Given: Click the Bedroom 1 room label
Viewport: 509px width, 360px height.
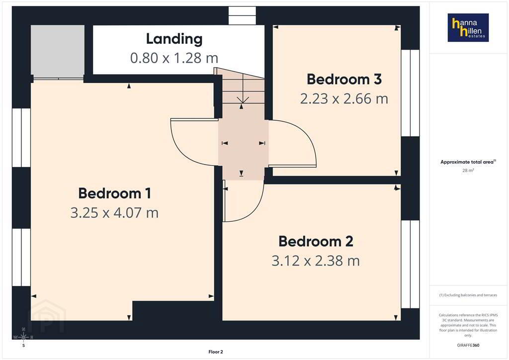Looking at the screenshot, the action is click(x=115, y=193).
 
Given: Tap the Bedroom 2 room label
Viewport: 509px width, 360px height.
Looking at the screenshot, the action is click(x=316, y=241).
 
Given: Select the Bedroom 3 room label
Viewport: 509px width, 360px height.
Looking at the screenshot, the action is click(x=344, y=79).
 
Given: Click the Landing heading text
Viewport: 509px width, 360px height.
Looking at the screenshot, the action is click(x=174, y=39).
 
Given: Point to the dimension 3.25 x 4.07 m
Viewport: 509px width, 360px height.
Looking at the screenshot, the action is click(x=115, y=213).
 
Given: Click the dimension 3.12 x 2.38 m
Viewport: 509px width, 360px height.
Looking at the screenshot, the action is click(x=316, y=261).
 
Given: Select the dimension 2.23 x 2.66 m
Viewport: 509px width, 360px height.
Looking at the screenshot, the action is click(x=344, y=99).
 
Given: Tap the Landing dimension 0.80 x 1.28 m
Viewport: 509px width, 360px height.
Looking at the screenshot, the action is click(x=174, y=58).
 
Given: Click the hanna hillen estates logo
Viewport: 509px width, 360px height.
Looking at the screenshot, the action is click(x=468, y=27).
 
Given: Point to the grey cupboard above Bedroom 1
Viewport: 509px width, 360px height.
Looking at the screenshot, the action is click(x=58, y=51).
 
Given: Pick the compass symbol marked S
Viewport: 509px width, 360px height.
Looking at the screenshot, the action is click(x=23, y=338).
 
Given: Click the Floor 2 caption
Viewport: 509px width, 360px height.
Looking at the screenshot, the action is click(x=216, y=352).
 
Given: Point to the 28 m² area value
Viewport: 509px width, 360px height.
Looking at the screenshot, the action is click(x=468, y=170).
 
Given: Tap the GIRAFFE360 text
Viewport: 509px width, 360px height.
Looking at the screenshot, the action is click(x=468, y=345).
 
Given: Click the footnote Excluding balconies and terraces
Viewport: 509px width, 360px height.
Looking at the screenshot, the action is click(x=468, y=295).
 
